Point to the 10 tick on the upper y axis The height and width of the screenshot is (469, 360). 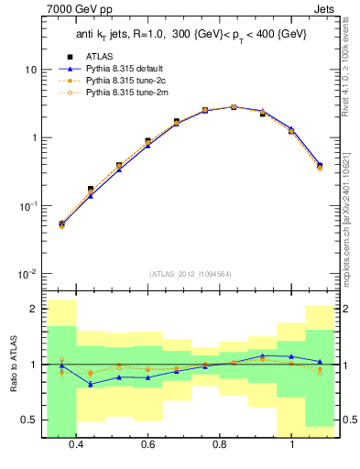[x=30, y=70]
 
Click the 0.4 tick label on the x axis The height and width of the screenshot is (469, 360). [x=76, y=445]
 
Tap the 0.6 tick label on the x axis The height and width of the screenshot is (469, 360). [x=148, y=445]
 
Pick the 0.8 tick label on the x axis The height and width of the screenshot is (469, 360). [x=220, y=445]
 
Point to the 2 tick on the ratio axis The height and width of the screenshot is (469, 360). [x=33, y=309]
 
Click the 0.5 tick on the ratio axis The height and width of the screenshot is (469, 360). [x=30, y=420]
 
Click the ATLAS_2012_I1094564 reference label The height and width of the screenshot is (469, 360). [x=190, y=274]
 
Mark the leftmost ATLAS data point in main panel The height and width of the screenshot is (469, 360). [x=61, y=224]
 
